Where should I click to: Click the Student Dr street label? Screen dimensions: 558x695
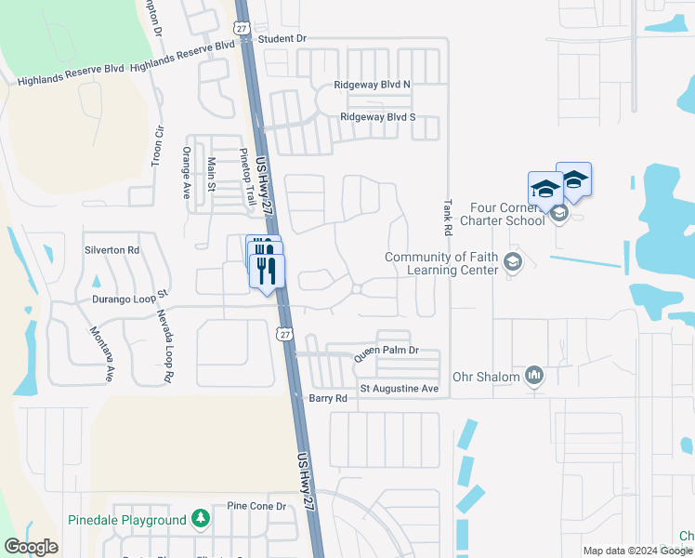coord(282,39)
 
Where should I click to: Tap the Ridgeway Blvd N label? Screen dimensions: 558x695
coord(373,85)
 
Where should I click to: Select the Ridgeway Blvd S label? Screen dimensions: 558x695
coord(377,117)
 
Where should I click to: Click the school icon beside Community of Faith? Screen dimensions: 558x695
coord(512,263)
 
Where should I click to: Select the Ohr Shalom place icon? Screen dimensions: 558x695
coord(534,376)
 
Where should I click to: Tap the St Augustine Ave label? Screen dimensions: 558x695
coord(399,388)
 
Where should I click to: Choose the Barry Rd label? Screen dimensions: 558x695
coord(327,397)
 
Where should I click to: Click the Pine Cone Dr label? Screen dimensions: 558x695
coord(256,507)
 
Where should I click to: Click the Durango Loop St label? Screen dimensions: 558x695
coord(128,299)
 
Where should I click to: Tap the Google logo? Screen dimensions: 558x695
coord(31,547)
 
